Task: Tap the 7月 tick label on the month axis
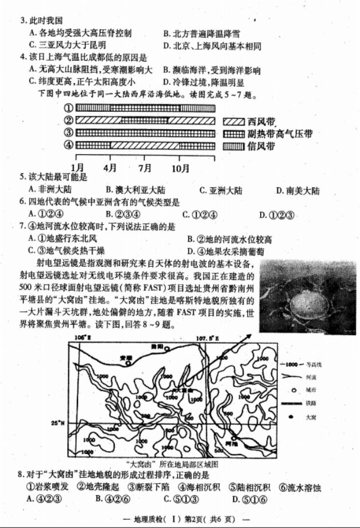pos(145,168)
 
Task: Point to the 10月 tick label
pos(180,168)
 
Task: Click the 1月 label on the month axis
pos(76,168)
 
